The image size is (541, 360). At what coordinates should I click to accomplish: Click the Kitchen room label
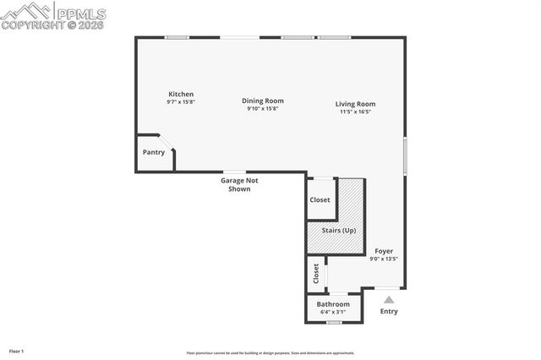tap(181, 94)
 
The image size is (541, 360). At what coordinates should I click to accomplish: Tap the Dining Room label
tap(262, 101)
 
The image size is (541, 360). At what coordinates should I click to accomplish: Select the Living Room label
tap(355, 104)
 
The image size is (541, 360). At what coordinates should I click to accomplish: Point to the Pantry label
tap(153, 152)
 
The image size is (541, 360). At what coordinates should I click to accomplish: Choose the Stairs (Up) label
tap(338, 230)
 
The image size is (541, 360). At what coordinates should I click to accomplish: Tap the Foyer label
tap(383, 251)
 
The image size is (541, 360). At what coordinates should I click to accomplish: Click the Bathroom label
tap(333, 304)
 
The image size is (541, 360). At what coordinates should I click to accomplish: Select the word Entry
tap(389, 311)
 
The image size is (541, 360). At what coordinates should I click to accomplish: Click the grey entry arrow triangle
tap(389, 299)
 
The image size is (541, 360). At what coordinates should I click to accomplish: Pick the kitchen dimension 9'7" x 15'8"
tap(181, 102)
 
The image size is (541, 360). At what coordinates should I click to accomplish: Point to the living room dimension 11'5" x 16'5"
tap(356, 112)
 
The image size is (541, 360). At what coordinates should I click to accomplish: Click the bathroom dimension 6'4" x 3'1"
tap(333, 312)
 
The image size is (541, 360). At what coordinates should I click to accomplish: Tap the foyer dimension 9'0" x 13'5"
tap(383, 259)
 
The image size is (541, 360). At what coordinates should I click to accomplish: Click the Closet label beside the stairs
tap(320, 200)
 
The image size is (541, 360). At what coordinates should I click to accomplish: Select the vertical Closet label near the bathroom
tap(316, 274)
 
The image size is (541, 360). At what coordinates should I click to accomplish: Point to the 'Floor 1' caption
tap(16, 350)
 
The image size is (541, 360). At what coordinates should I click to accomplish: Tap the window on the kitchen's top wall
tap(176, 37)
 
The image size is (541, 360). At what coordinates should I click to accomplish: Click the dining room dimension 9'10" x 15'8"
tap(262, 108)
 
